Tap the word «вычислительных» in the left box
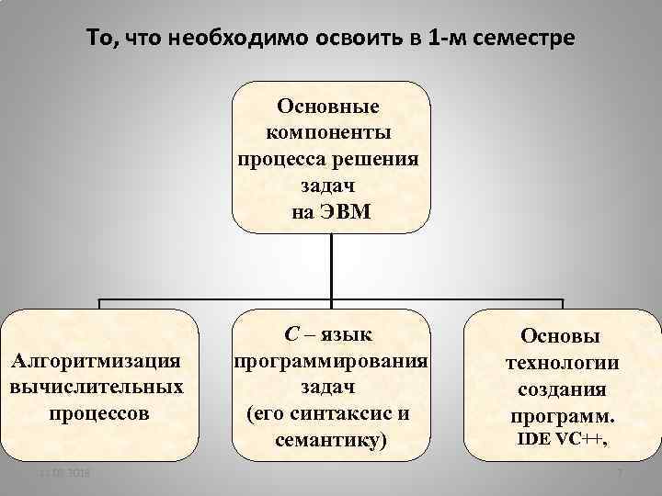click(97, 386)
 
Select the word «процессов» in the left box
click(97, 412)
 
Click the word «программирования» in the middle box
click(331, 360)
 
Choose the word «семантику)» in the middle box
click(331, 440)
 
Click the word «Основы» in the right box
click(561, 337)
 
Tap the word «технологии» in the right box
click(561, 363)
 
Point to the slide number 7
click(621, 474)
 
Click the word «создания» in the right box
click(561, 389)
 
